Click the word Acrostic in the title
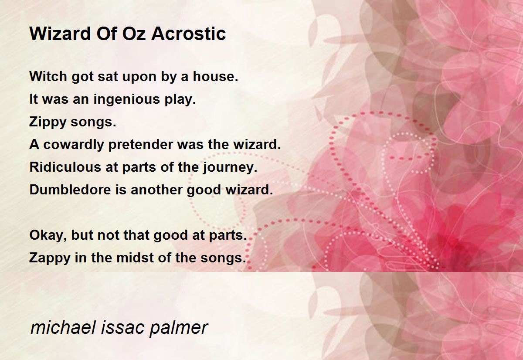pyautogui.click(x=188, y=34)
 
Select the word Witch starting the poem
pyautogui.click(x=48, y=76)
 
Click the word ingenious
pyautogui.click(x=127, y=100)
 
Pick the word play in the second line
pyautogui.click(x=180, y=100)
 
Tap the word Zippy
pyautogui.click(x=48, y=122)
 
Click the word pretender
pyautogui.click(x=140, y=145)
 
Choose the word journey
pyautogui.click(x=230, y=168)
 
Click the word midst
pyautogui.click(x=135, y=258)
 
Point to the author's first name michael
pyautogui.click(x=63, y=327)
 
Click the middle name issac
pyautogui.click(x=123, y=327)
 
